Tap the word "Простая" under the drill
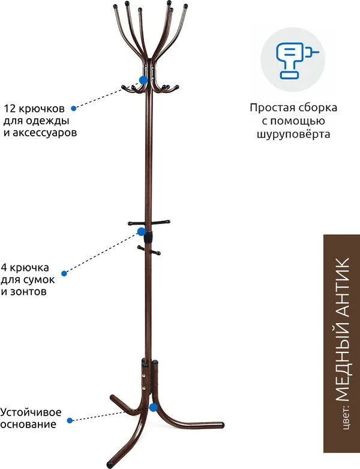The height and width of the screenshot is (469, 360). (269, 107)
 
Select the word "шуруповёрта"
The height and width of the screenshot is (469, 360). (293, 135)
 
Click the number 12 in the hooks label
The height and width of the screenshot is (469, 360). (9, 108)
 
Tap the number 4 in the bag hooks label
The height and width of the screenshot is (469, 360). (4, 267)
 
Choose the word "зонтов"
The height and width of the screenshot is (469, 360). (28, 291)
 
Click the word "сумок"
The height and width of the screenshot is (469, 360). (39, 280)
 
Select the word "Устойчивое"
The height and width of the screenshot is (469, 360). (31, 413)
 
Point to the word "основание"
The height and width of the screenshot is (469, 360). (28, 425)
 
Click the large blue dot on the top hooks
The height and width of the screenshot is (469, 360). (143, 80)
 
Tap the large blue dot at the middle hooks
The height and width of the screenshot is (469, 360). (142, 232)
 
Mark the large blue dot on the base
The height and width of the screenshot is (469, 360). (154, 407)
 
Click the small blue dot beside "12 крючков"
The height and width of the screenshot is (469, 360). (73, 108)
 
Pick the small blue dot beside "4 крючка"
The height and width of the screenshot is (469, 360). (64, 273)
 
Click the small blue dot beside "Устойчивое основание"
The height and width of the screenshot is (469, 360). (70, 420)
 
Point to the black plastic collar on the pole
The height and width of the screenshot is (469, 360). (148, 236)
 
